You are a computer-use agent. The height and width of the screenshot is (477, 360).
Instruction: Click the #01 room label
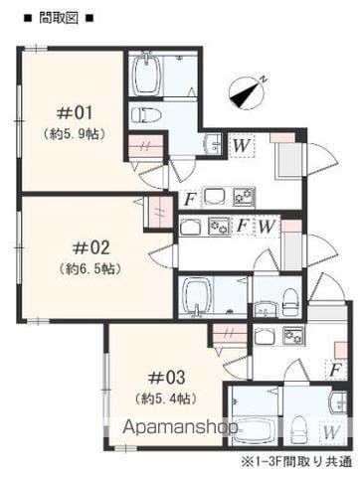[75, 113]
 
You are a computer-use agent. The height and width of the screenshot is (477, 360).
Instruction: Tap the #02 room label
[90, 247]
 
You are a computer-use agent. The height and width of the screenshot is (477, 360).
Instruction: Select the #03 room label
[166, 378]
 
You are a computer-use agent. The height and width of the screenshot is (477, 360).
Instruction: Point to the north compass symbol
[248, 93]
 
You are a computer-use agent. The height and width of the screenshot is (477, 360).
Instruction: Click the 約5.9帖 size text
[75, 133]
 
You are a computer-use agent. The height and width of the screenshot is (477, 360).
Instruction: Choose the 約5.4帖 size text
[166, 397]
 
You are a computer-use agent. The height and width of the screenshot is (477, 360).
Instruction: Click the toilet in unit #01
[146, 115]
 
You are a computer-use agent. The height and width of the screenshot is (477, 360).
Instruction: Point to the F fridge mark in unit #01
[189, 200]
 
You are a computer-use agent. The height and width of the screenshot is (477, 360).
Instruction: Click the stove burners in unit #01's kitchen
[244, 197]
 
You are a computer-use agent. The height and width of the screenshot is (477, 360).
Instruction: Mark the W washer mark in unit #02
[267, 227]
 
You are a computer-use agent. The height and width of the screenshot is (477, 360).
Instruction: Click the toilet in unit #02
[291, 301]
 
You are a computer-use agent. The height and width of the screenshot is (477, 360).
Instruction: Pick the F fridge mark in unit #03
[335, 370]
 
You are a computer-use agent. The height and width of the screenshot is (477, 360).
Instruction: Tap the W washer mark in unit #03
[331, 431]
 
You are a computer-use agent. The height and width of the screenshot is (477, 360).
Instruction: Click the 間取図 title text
[59, 18]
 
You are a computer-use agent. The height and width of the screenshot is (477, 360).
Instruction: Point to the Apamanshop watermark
[180, 427]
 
